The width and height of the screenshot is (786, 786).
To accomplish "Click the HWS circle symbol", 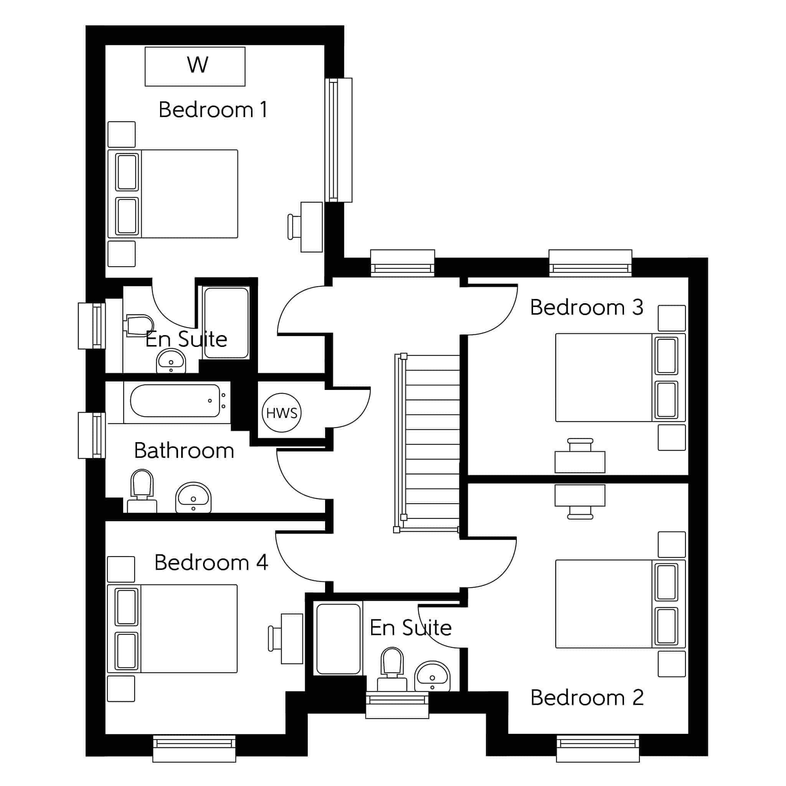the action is [x=282, y=413].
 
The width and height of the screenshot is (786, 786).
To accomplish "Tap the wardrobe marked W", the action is [x=195, y=66].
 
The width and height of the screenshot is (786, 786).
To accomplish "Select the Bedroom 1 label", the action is [x=213, y=109].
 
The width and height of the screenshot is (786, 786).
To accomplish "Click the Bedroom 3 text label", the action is [x=587, y=307].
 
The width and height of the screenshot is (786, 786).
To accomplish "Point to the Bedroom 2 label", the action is [x=587, y=697].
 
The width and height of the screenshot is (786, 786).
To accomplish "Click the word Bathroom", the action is [x=184, y=450].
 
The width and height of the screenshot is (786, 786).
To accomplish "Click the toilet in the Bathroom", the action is [x=142, y=490].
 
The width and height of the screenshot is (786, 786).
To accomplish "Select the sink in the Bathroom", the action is [x=193, y=497].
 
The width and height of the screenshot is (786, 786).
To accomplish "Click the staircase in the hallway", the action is [x=427, y=443].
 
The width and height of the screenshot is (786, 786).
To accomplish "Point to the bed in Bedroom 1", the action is [x=173, y=194].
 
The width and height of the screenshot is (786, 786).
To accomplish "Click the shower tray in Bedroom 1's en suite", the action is [x=226, y=323].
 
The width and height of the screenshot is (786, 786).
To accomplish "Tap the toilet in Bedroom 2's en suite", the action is [x=392, y=669].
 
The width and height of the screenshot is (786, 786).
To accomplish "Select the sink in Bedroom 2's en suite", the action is [x=432, y=676].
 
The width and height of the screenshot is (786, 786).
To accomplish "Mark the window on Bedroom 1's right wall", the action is [x=339, y=140].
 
